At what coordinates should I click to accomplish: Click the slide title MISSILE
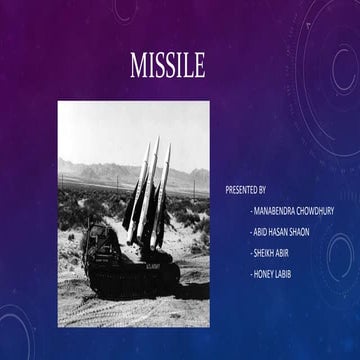(x=167, y=68)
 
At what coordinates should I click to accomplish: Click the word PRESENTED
(x=242, y=189)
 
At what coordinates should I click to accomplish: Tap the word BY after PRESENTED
(x=262, y=189)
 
